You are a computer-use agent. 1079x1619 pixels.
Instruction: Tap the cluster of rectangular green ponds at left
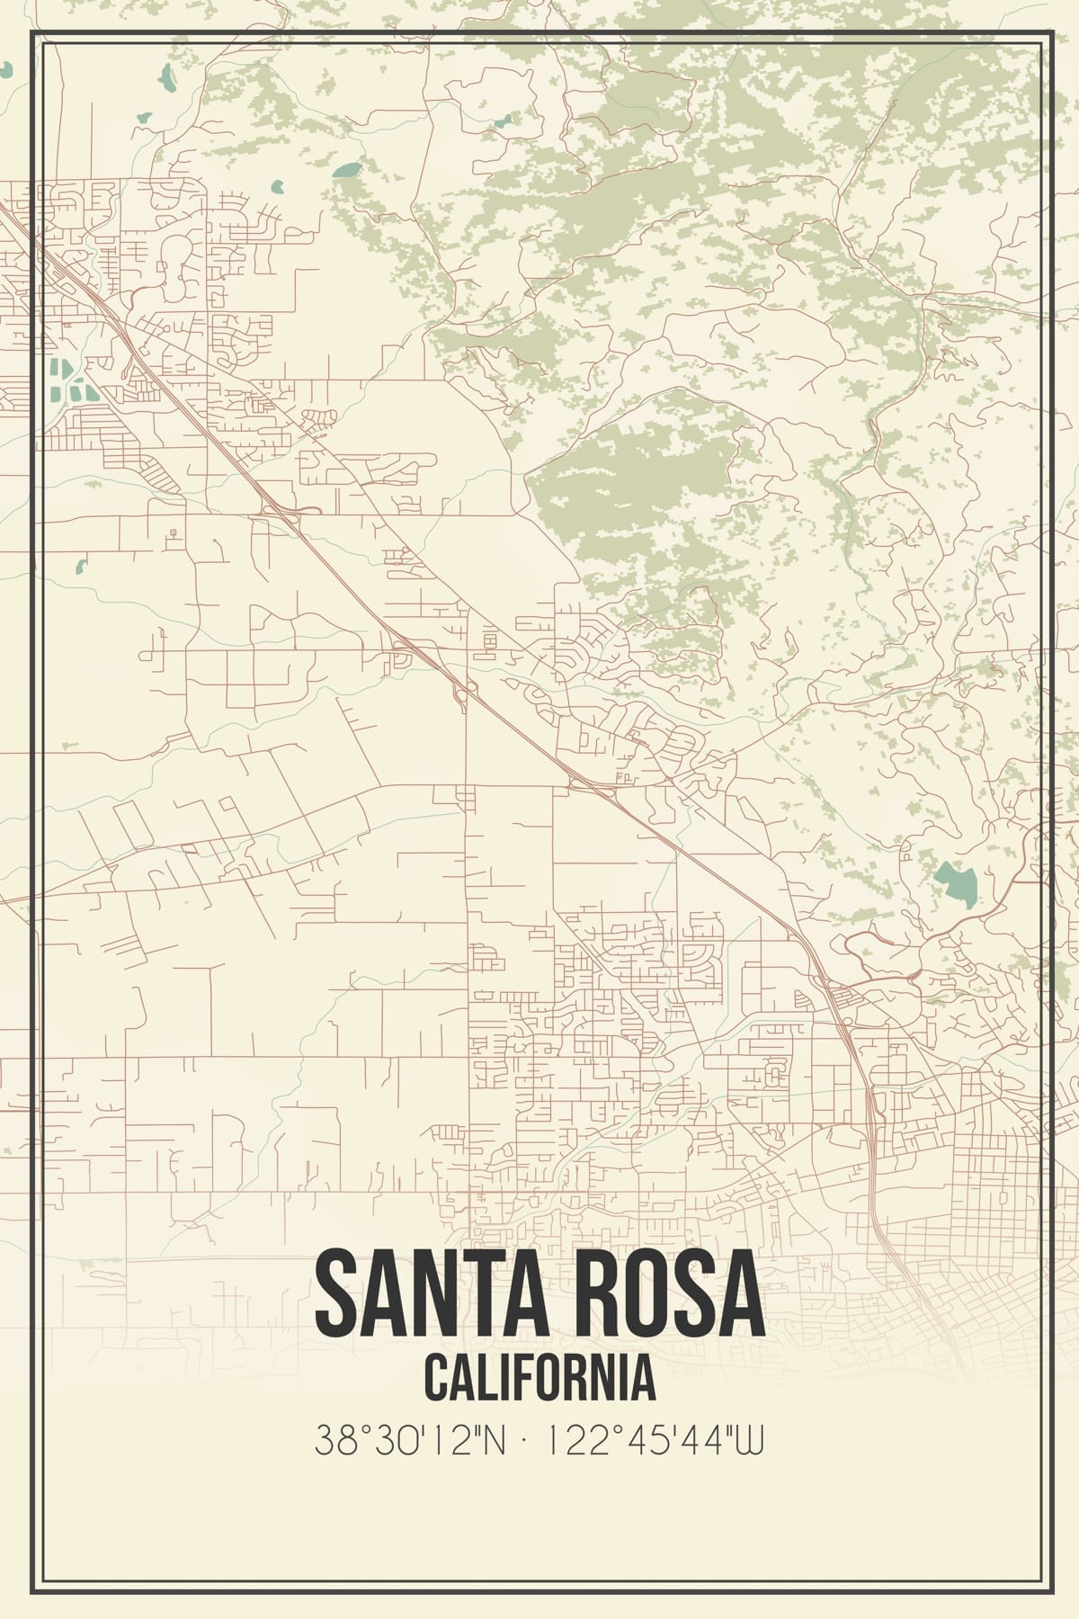pyautogui.click(x=67, y=381)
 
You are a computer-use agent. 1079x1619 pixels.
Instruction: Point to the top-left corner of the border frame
pyautogui.click(x=32, y=32)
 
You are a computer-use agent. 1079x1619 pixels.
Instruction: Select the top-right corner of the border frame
pyautogui.click(x=1048, y=32)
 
